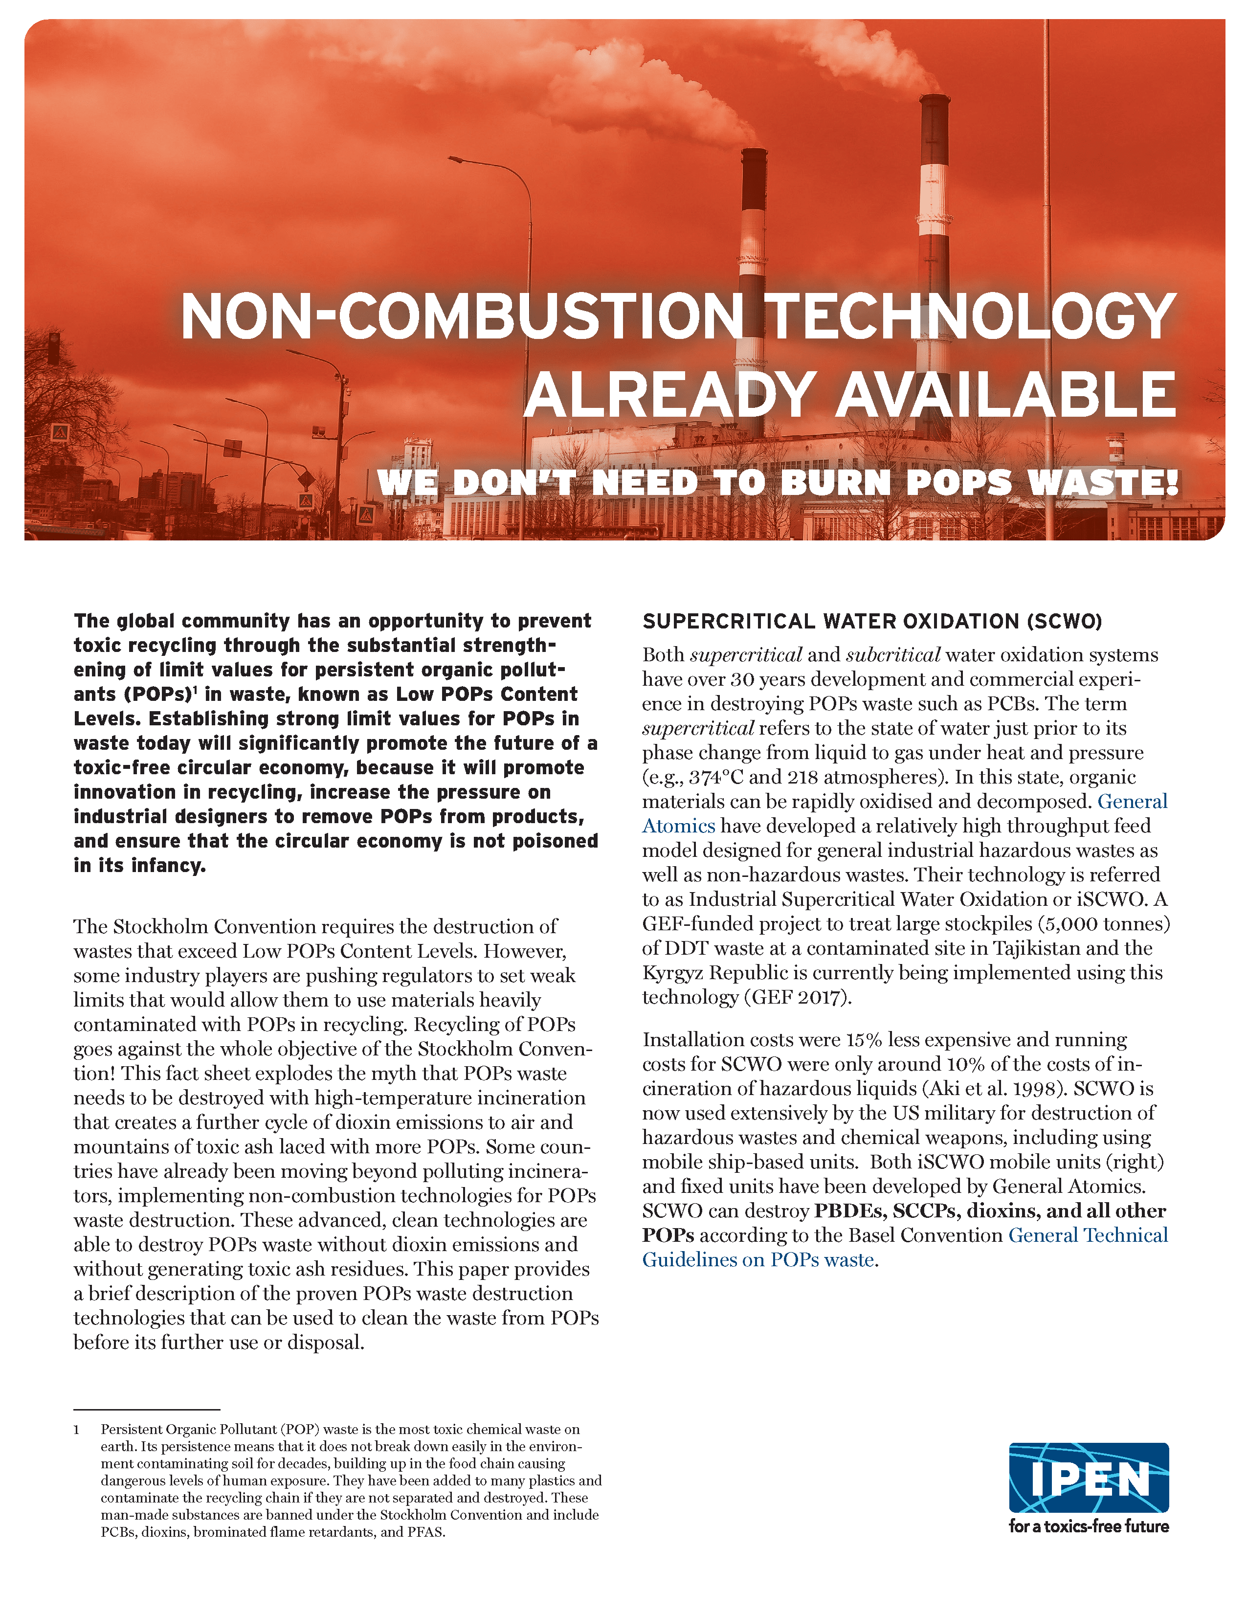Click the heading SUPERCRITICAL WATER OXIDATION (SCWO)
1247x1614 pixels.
click(x=872, y=622)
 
